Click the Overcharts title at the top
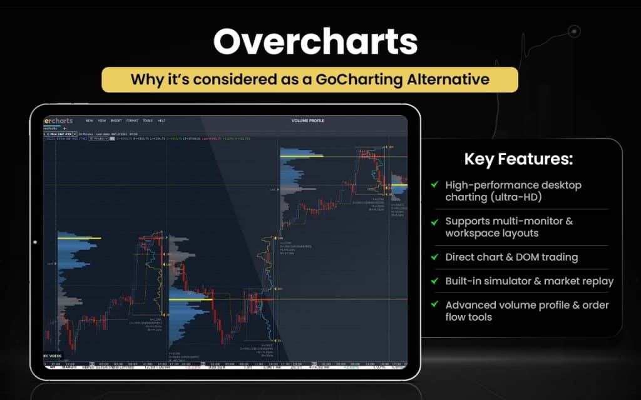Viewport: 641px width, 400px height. (315, 42)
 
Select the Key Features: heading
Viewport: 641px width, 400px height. (518, 159)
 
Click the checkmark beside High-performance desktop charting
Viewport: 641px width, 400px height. (434, 185)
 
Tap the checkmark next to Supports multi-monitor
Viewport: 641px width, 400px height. (434, 221)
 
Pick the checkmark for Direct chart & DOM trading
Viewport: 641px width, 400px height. (434, 257)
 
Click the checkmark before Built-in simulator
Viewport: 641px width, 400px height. (434, 281)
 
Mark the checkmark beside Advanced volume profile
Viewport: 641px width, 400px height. (434, 305)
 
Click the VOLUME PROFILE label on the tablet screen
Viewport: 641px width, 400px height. (308, 120)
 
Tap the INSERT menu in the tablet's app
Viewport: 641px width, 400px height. (116, 120)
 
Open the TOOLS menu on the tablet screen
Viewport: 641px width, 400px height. (148, 120)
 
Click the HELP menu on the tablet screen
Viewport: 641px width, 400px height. (162, 120)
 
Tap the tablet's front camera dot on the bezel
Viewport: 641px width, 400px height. (35, 242)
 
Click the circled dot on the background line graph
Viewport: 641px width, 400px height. (574, 31)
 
